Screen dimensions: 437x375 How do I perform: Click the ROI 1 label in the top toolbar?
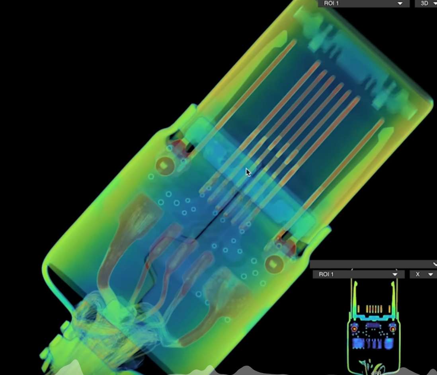coord(331,3)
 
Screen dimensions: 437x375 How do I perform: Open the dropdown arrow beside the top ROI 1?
coord(400,4)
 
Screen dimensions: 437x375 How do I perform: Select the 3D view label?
coord(424,3)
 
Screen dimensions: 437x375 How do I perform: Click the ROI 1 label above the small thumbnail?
coord(326,274)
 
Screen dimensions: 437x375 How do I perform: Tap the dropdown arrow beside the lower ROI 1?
coord(395,275)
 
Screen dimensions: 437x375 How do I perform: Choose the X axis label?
coord(417,274)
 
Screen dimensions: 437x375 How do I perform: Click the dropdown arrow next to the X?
coord(431,275)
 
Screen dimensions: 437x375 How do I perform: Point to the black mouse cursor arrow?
coord(248,172)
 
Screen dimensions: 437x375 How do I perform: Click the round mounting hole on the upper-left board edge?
coord(165,166)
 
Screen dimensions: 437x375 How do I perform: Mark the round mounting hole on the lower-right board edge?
coord(274,264)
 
